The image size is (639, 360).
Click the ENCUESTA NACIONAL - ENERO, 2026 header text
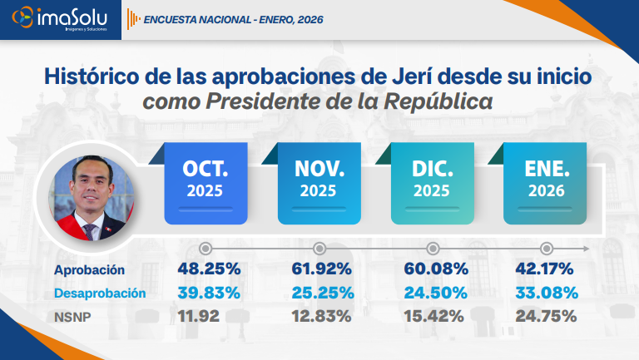coord(233,19)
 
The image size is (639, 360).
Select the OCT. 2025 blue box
coord(206,182)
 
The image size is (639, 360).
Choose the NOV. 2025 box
coord(319,182)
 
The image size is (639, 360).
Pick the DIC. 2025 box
coord(433,182)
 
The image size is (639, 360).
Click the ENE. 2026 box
coord(546,182)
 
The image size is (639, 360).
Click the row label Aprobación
coord(89,270)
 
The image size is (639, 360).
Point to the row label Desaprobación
coord(100,293)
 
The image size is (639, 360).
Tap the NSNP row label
coord(73,316)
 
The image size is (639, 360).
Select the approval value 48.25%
coord(209,269)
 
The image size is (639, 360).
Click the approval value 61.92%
coord(322,269)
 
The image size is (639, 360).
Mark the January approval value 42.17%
coord(545,269)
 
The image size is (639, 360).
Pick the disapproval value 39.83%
coord(209,293)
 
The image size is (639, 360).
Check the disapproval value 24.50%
coord(435,293)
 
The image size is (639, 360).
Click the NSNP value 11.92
coord(200,316)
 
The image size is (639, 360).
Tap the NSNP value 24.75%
coord(545,316)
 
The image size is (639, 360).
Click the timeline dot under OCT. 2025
coord(206,249)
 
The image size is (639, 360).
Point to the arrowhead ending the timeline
coord(587,249)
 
